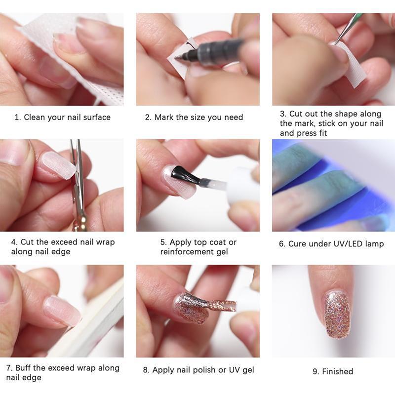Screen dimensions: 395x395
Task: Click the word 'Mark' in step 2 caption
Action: pyautogui.click(x=165, y=118)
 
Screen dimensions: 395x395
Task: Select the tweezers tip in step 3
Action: pyautogui.click(x=337, y=41)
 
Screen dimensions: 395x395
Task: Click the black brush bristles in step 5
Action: pyautogui.click(x=182, y=174)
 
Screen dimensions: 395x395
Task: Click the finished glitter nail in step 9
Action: pyautogui.click(x=337, y=314)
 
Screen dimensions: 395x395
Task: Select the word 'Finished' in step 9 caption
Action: pyautogui.click(x=338, y=371)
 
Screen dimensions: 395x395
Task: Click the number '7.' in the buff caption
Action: pyautogui.click(x=10, y=368)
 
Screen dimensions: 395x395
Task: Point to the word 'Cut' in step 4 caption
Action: pyautogui.click(x=27, y=242)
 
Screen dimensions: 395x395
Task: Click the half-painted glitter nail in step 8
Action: pyautogui.click(x=190, y=309)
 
